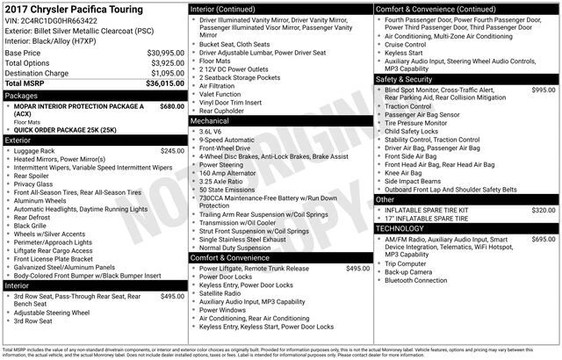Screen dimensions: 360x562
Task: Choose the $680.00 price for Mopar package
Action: (172, 105)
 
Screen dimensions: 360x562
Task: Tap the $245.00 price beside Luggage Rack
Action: (172, 151)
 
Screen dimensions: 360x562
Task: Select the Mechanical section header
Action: (210, 120)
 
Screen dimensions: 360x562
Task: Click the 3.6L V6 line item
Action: (210, 131)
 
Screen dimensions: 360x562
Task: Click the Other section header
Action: (385, 199)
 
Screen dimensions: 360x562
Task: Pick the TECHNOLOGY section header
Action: (400, 228)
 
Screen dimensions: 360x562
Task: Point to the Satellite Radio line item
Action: (224, 293)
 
